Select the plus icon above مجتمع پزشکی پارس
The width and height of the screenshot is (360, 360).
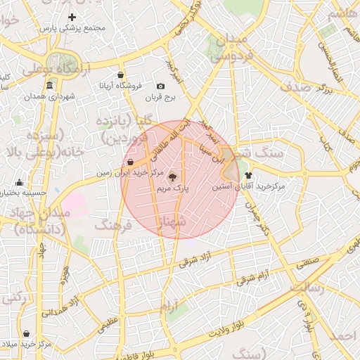(x=72, y=16)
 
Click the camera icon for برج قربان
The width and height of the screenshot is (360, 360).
(x=161, y=86)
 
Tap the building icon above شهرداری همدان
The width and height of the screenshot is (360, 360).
(x=49, y=86)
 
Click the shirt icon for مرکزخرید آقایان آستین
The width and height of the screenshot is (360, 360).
(x=248, y=175)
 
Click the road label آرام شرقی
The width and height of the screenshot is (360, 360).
(x=250, y=278)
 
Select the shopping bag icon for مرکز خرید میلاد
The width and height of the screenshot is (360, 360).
(x=26, y=334)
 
